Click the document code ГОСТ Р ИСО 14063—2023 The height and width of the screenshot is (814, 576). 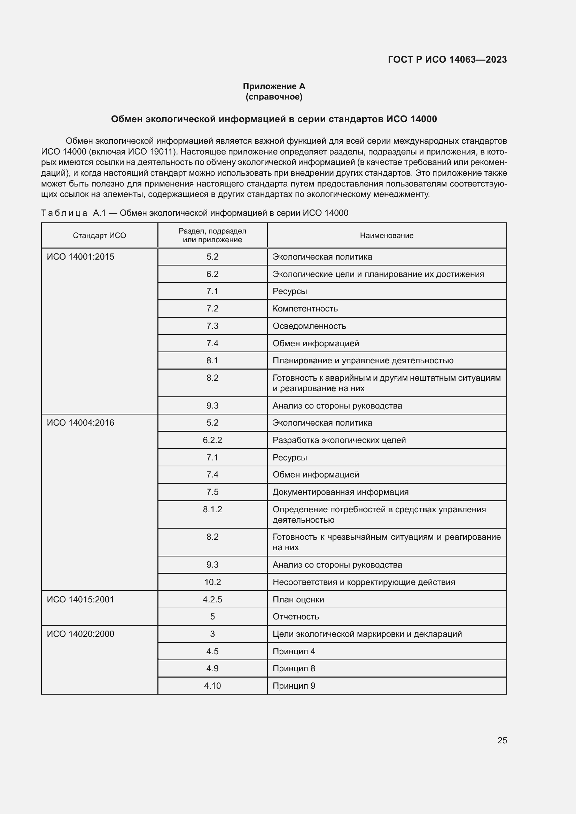pos(447,60)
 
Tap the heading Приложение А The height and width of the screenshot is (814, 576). pos(274,86)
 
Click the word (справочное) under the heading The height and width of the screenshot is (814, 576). pos(274,97)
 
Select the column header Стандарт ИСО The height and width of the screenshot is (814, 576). pos(99,235)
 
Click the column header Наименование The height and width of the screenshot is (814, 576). pos(387,235)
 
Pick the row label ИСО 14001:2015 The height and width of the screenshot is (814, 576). pos(80,257)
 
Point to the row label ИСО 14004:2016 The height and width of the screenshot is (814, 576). pos(80,422)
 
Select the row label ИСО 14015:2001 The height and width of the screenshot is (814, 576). pos(80,600)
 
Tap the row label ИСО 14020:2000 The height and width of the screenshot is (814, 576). pos(80,634)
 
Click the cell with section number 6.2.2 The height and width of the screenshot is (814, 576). pos(212,440)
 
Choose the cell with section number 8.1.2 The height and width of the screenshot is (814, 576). pos(212,509)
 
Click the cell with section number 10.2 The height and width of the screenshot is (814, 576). pos(212,582)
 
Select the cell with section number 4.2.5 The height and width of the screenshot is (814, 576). pos(212,600)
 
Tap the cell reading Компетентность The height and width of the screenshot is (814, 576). pos(305,308)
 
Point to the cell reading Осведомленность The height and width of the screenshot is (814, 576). pos(309,326)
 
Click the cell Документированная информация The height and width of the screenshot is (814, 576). pos(341,492)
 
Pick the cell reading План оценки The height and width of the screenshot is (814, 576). pos(298,600)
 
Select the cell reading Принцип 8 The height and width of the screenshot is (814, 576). pos(294,668)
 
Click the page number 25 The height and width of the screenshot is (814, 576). pos(502,740)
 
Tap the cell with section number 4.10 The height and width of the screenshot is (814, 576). pos(212,686)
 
